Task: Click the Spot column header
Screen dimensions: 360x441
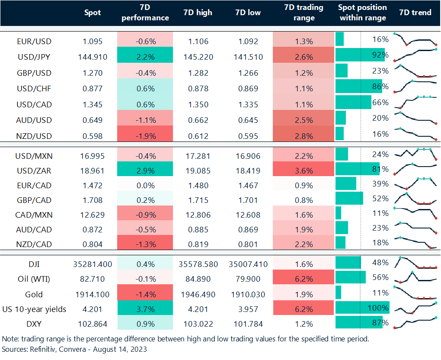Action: [93, 13]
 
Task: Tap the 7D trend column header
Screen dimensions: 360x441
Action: [415, 13]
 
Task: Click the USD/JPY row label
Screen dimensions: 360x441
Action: [34, 57]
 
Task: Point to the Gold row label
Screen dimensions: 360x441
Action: [34, 294]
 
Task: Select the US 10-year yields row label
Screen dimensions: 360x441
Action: [34, 309]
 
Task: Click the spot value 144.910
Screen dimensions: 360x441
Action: [93, 57]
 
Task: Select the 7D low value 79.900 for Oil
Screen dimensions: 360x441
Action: [248, 279]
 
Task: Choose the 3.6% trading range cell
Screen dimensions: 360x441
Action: [304, 170]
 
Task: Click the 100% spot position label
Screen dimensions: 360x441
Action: [379, 308]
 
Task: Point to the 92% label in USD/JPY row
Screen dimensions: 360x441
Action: [380, 55]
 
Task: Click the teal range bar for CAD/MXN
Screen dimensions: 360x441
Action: [338, 213]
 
